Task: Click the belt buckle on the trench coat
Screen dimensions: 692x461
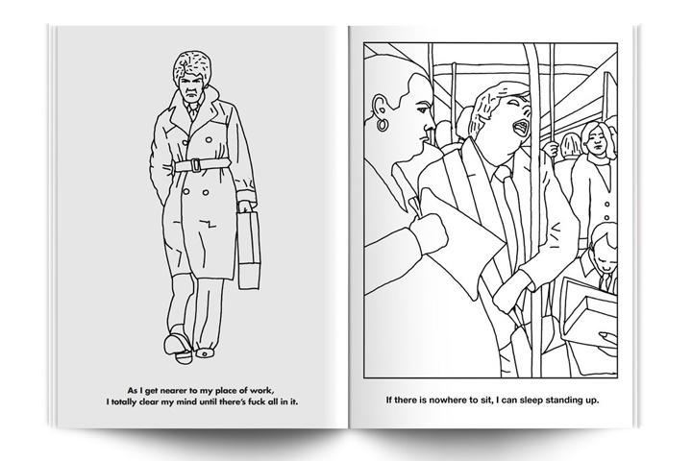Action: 195,165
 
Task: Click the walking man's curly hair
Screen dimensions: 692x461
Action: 192,67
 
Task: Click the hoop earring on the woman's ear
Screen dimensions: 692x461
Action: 383,125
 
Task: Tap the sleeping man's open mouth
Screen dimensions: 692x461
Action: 522,129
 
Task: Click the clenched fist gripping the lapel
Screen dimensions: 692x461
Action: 428,233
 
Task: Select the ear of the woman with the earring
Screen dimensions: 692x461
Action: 378,108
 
